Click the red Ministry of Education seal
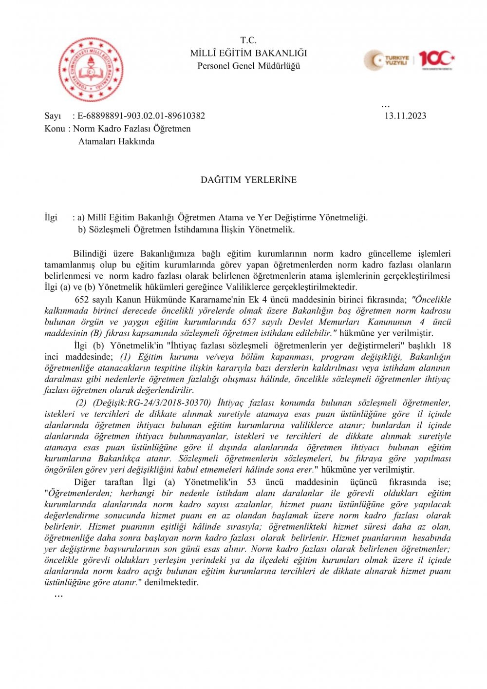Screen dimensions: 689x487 coord(91,70)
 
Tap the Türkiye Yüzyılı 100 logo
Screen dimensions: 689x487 coord(409,60)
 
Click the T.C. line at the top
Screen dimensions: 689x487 coord(248,40)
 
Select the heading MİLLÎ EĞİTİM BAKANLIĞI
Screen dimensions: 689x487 coord(248,53)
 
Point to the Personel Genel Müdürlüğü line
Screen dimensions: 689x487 coord(248,66)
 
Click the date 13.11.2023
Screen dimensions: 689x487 coord(405,116)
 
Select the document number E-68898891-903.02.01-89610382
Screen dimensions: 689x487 coord(141,116)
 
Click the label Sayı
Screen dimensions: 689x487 coord(53,116)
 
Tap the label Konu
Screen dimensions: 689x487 coord(55,129)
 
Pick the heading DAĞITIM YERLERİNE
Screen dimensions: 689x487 coord(248,180)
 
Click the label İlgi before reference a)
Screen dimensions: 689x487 coord(51,217)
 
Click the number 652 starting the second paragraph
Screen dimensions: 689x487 coord(82,300)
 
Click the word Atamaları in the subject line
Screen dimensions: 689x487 coord(96,142)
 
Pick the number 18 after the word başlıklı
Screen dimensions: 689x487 coord(446,345)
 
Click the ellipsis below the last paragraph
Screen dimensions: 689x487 coord(58,595)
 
